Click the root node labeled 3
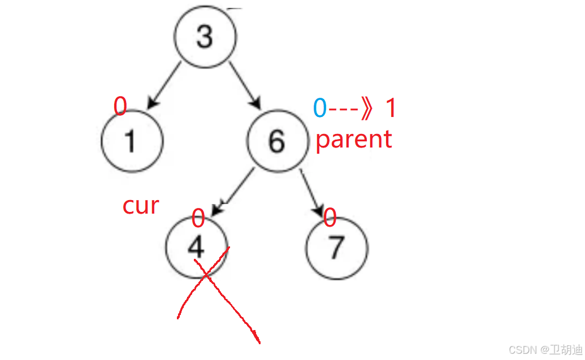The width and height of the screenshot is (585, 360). (204, 37)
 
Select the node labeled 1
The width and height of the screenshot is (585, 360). (132, 140)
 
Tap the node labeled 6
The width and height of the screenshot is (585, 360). (276, 140)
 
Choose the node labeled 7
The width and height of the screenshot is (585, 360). (336, 248)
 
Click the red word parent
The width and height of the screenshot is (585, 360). (354, 139)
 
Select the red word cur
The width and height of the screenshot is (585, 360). (141, 206)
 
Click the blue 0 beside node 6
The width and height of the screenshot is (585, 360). (320, 109)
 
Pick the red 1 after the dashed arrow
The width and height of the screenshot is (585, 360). (391, 109)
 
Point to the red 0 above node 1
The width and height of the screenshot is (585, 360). (120, 106)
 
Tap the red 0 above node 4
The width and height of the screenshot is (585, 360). (198, 218)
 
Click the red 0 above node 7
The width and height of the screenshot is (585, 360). (330, 217)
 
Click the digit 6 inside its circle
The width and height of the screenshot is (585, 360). (276, 140)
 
